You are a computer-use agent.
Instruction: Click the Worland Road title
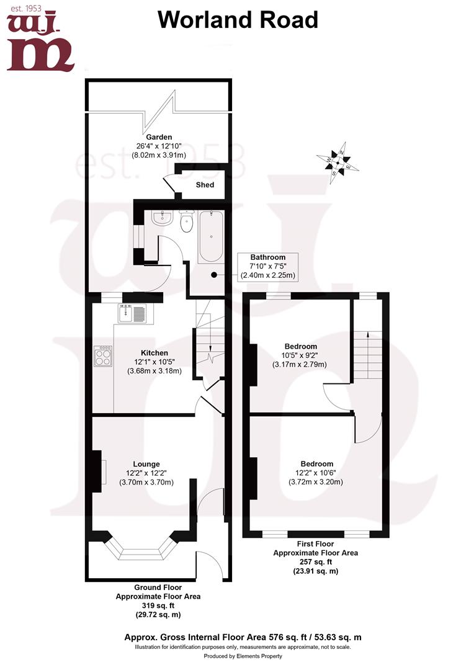238,20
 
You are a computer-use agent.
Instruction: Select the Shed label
205,185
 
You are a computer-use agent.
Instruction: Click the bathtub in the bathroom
210,236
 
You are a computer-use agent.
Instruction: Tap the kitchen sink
133,313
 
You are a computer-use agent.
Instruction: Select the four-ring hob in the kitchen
103,356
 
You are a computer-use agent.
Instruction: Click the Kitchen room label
154,352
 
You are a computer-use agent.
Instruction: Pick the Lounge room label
146,464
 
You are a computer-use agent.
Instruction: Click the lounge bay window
141,548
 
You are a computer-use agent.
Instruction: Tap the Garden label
159,137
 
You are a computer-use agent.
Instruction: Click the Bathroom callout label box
268,267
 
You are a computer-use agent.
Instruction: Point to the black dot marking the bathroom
214,275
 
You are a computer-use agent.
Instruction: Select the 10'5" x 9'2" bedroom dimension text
300,355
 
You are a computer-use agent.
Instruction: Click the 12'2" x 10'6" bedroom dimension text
316,473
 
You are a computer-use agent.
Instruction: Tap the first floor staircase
367,355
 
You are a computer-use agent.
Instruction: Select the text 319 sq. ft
158,605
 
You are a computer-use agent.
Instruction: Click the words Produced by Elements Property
243,656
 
